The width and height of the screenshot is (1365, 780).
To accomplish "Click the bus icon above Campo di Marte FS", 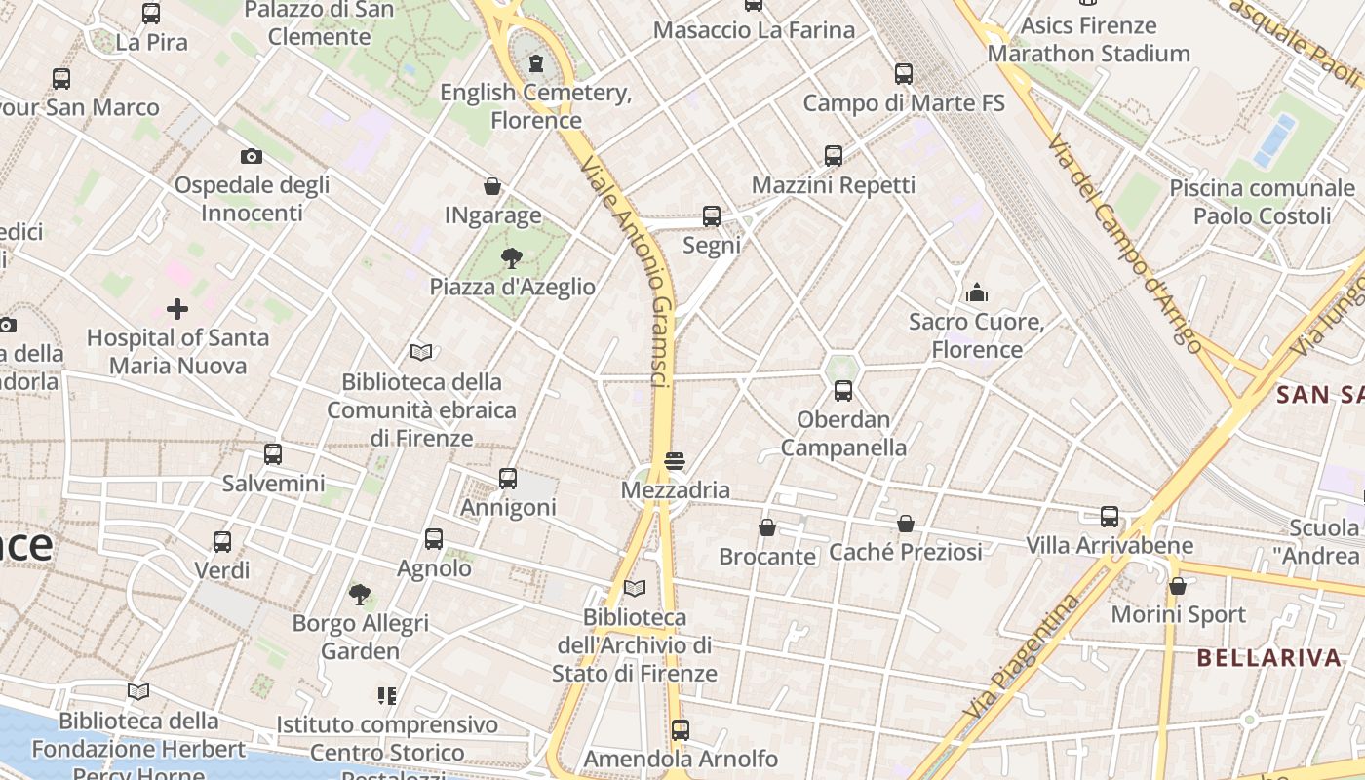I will pyautogui.click(x=904, y=73).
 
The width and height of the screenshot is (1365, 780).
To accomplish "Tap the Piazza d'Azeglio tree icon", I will pyautogui.click(x=511, y=258).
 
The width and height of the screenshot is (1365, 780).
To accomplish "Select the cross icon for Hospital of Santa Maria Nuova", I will pyautogui.click(x=177, y=309).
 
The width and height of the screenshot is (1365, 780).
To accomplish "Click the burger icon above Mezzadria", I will pyautogui.click(x=675, y=460).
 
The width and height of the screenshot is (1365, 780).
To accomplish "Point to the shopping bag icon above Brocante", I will pyautogui.click(x=767, y=527).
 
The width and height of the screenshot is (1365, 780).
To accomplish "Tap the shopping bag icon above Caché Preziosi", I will pyautogui.click(x=906, y=524).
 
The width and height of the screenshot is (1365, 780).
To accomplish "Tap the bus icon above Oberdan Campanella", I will pyautogui.click(x=843, y=391).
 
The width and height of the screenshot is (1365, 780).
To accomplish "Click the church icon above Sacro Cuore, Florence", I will pyautogui.click(x=977, y=292).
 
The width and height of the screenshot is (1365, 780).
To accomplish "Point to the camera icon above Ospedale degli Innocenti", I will pyautogui.click(x=252, y=156).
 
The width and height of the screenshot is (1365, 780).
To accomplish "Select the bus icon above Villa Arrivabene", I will pyautogui.click(x=1110, y=517).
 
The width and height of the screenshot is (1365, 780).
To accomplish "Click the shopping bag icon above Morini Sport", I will pyautogui.click(x=1178, y=586).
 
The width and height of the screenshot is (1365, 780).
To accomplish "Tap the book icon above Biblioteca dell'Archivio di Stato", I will pyautogui.click(x=635, y=588).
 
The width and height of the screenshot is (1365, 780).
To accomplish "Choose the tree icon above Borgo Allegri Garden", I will pyautogui.click(x=360, y=594).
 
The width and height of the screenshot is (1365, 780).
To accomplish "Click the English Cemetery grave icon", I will pyautogui.click(x=535, y=64).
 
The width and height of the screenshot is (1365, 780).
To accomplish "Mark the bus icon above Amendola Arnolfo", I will pyautogui.click(x=681, y=729).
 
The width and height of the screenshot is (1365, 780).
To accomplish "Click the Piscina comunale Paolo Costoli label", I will pyautogui.click(x=1262, y=202).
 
